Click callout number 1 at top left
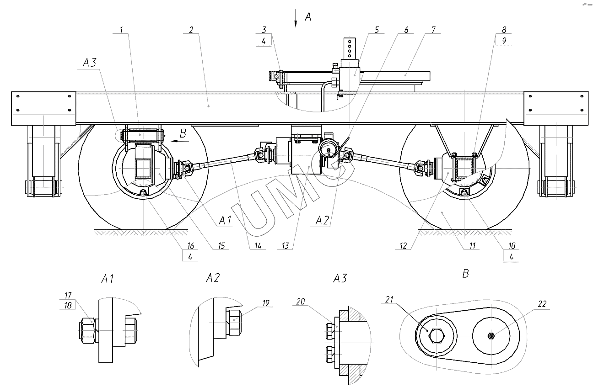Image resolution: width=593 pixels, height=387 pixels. tap(121, 30)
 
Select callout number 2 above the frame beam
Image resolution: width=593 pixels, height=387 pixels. tap(191, 30)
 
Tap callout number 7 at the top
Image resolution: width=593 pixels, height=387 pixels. tap(432, 30)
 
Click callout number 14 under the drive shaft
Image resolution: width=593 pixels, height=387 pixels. tap(258, 246)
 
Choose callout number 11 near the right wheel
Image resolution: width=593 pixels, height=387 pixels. tap(472, 246)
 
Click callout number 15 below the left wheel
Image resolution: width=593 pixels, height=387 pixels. tap(222, 246)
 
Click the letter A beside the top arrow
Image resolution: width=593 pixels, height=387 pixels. tap(308, 17)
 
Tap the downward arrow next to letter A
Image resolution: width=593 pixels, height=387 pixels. tap(296, 19)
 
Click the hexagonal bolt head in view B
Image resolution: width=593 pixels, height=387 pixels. tap(436, 336)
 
